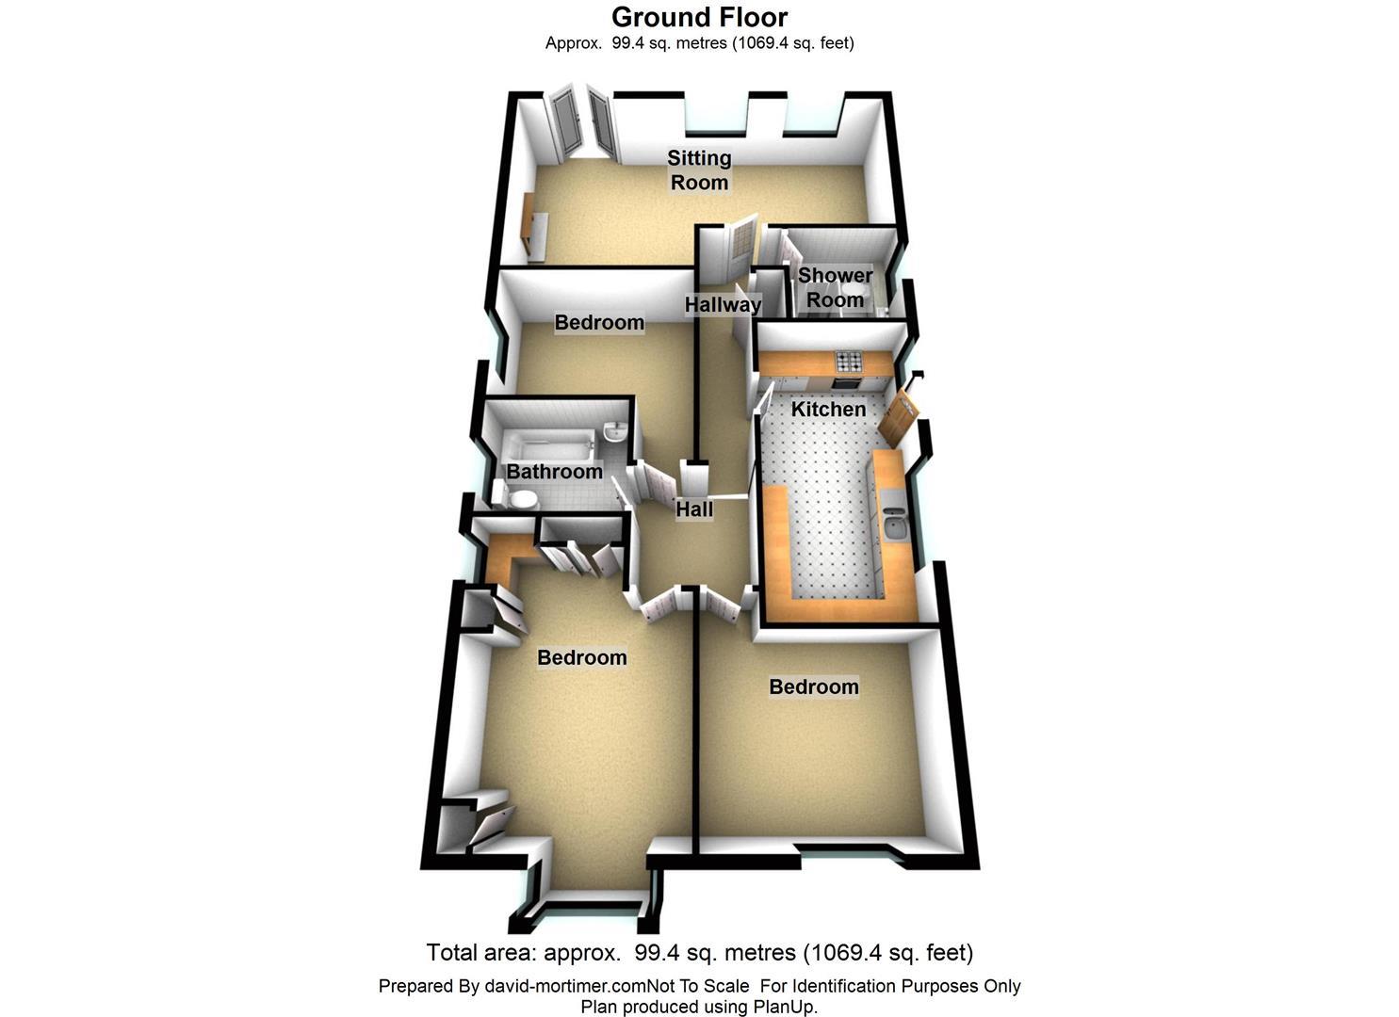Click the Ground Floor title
click(x=699, y=18)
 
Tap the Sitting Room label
click(x=699, y=169)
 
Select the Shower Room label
click(x=835, y=287)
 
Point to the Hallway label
click(x=723, y=305)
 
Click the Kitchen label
click(x=828, y=409)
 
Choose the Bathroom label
click(x=554, y=472)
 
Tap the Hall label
click(x=694, y=509)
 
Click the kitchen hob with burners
click(x=850, y=361)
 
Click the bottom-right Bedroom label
click(x=814, y=686)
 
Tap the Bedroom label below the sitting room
click(x=599, y=322)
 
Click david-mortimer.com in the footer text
click(x=565, y=986)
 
